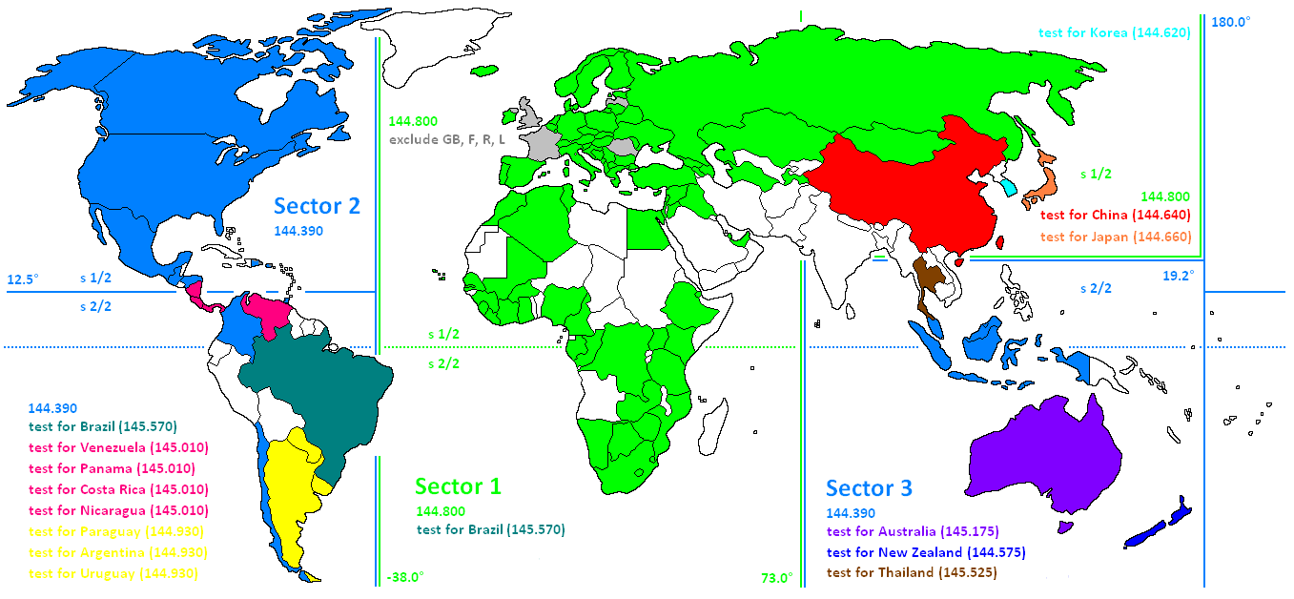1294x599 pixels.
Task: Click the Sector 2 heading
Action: pos(317,205)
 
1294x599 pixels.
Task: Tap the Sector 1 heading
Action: pos(458,486)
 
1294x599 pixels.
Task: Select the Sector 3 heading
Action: pos(869,488)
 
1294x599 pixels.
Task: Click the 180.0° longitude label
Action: pos(1230,22)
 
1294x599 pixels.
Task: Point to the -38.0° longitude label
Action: pos(405,577)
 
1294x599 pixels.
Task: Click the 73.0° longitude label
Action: pos(776,578)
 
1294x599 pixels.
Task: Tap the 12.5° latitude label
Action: pos(23,280)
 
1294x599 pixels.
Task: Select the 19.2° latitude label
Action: pos(1178,276)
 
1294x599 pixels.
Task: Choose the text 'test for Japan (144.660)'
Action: pos(1116,237)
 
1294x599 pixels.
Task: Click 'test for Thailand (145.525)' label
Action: pos(912,573)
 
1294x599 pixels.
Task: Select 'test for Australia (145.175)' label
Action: pos(913,531)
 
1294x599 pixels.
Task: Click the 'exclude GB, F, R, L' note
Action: pos(447,140)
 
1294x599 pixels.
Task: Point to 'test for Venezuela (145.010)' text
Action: pos(119,447)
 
